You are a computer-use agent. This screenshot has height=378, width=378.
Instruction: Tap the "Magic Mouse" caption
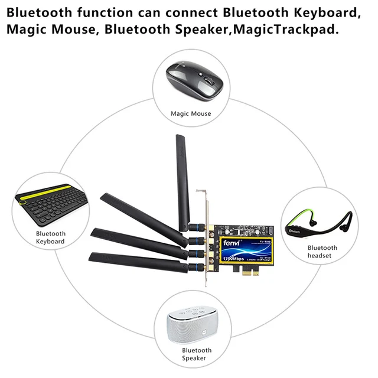coord(191,113)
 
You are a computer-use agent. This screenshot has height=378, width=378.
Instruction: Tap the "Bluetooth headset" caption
coord(322,252)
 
